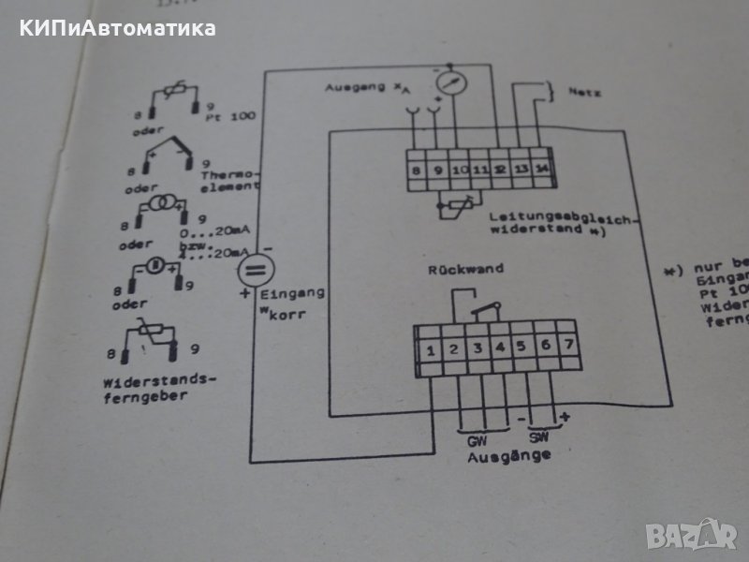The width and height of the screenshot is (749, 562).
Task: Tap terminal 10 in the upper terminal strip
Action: pos(457,170)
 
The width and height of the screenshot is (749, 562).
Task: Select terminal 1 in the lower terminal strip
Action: pos(431,352)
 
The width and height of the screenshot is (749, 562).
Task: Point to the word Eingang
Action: pos(301,293)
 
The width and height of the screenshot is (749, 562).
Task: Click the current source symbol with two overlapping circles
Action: pos(167,203)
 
